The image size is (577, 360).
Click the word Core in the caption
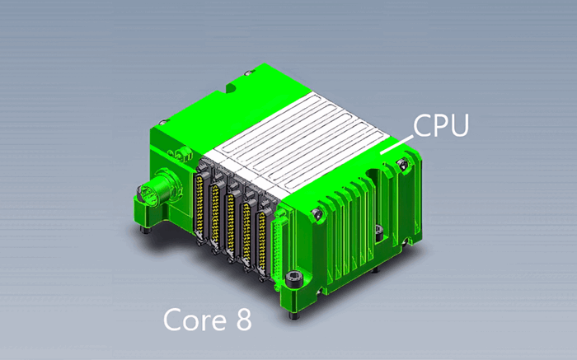point(192,320)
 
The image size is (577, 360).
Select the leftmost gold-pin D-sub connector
point(200,206)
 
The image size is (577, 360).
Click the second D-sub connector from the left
point(216,215)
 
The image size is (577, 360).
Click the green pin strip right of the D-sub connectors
point(279,247)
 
